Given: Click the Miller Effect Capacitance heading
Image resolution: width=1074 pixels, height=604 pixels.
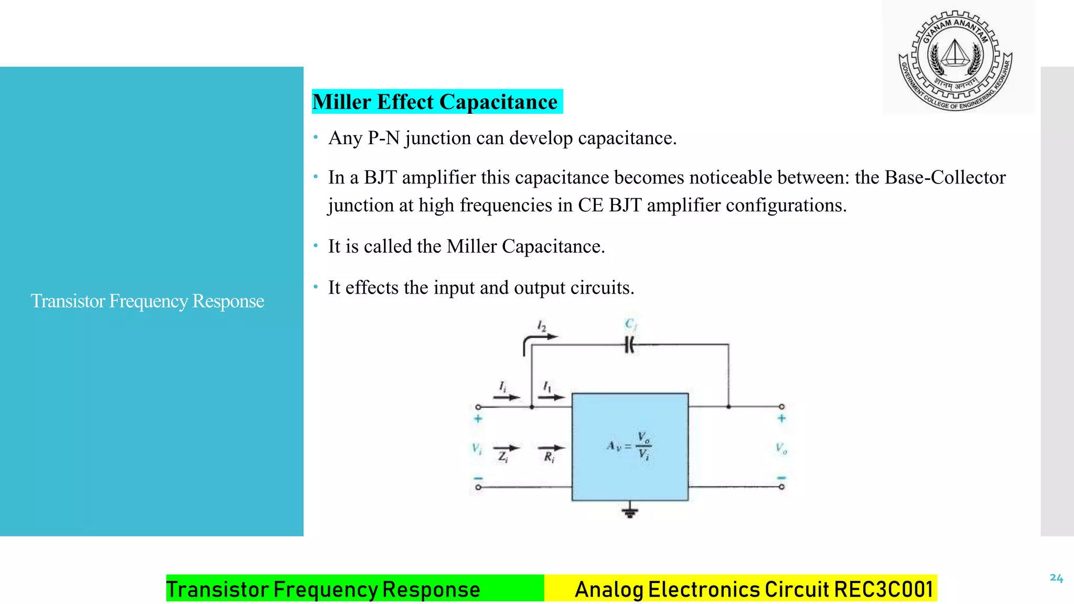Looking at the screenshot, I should [435, 102].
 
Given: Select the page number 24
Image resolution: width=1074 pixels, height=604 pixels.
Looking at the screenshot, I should [1056, 578].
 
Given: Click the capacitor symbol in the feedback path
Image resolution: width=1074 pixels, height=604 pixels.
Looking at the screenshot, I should [630, 345].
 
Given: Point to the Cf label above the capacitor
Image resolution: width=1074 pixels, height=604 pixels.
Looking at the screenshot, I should [631, 324].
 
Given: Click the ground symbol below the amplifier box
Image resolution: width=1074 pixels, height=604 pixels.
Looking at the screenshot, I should [630, 511].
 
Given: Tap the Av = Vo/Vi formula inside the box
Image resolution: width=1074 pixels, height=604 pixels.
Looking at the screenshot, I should [629, 446].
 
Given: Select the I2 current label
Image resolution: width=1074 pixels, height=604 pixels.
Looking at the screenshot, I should [542, 326].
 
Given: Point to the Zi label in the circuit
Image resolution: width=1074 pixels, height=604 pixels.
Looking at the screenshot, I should [503, 457].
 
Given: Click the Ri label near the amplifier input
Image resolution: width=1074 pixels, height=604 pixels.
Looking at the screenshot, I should [549, 457].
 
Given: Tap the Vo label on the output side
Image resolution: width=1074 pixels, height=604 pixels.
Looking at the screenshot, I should [781, 448].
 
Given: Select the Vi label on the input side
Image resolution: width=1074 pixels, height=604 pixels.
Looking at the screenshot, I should [476, 448].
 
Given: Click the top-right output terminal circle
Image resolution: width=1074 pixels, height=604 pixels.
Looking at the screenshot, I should [781, 406].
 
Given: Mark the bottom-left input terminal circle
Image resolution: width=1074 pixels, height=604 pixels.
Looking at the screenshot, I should [478, 487].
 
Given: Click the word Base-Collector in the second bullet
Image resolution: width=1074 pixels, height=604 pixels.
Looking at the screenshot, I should [945, 177].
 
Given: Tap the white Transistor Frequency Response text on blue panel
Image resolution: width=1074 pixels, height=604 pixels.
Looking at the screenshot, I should [147, 301].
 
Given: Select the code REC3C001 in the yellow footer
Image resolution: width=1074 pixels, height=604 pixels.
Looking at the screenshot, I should [884, 589].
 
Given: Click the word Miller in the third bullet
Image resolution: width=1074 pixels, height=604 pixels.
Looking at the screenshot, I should [471, 246].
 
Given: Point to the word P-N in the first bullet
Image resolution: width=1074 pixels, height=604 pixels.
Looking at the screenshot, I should [384, 138].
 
